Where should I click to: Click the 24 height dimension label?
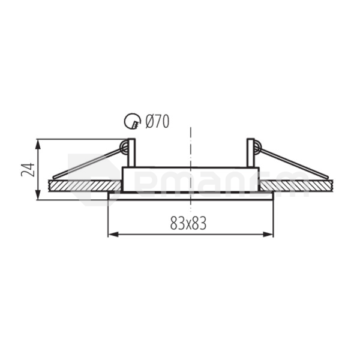click(28, 169)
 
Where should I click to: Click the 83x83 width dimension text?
click(188, 224)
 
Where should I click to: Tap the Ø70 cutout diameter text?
click(157, 122)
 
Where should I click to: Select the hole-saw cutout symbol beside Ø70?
click(132, 122)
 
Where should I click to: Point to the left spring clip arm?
click(87, 163)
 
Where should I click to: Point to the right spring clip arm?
click(294, 163)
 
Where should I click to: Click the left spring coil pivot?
click(124, 146)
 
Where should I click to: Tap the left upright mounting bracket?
click(131, 153)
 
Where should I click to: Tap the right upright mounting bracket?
click(250, 153)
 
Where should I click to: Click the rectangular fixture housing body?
click(190, 179)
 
